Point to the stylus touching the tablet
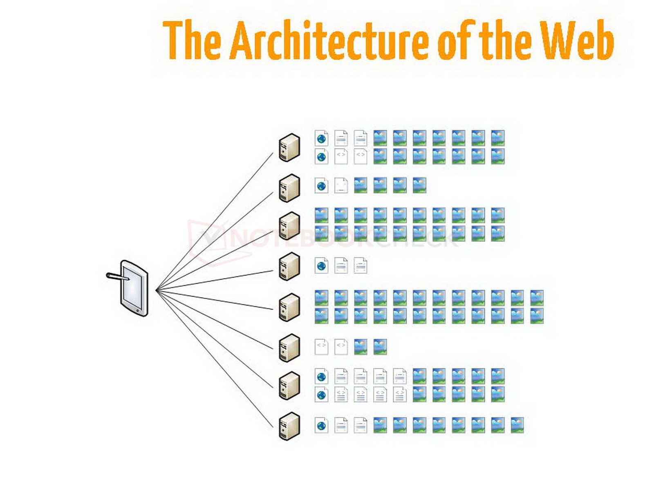pos(117,277)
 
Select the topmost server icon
pos(289,147)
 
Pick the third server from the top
pos(289,225)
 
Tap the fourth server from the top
pos(289,266)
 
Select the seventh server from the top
pos(289,385)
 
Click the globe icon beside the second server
pos(322,185)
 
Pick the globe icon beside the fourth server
pos(322,265)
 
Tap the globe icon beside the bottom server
pos(322,425)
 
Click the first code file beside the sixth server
pos(322,346)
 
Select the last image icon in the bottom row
pos(517,425)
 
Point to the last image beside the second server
pos(419,185)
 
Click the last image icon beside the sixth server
pos(380,346)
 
